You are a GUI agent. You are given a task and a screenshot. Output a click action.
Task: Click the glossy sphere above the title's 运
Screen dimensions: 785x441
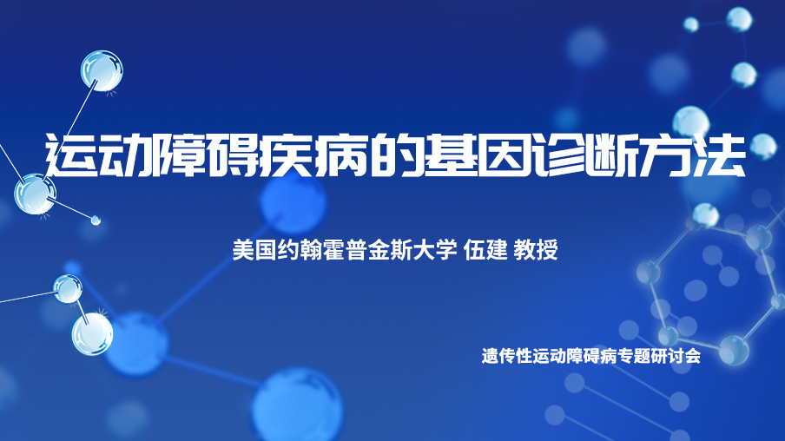pyautogui.click(x=102, y=71)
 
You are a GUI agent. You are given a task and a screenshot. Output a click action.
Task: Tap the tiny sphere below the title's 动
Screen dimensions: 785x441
pyautogui.click(x=96, y=220)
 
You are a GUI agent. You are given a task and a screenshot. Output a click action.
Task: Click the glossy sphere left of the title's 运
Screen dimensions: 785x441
pyautogui.click(x=35, y=194)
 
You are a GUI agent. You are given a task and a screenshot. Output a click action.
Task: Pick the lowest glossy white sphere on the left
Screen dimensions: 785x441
pyautogui.click(x=92, y=334)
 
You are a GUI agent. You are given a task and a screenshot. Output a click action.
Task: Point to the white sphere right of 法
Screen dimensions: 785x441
pyautogui.click(x=763, y=146)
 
